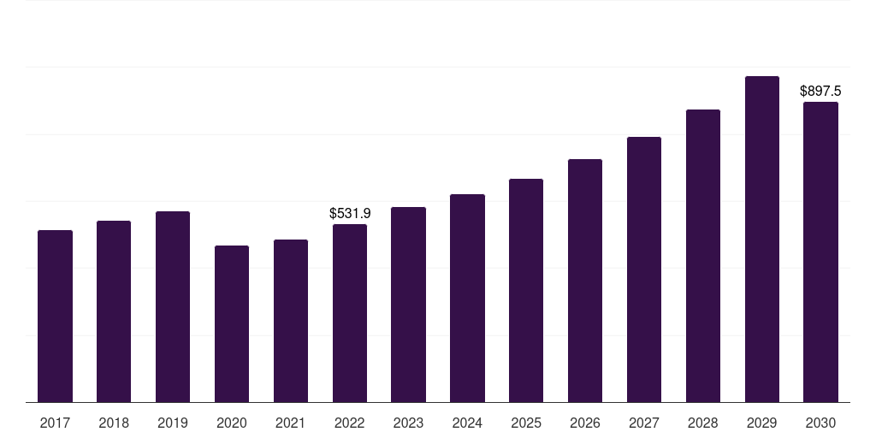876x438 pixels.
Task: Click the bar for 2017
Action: (x=55, y=317)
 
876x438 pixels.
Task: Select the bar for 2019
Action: (x=173, y=307)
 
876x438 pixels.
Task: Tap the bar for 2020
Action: (x=232, y=324)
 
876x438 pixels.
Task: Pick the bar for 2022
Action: (x=350, y=313)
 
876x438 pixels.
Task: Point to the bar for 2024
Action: (x=468, y=299)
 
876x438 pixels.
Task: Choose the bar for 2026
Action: (x=585, y=281)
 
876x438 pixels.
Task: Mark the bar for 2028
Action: (x=703, y=256)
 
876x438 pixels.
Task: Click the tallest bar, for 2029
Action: (x=762, y=240)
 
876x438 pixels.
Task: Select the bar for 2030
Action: (x=820, y=252)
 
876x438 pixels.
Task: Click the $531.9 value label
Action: (x=350, y=213)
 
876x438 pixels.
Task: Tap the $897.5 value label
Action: (x=820, y=91)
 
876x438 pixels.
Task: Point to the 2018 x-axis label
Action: (x=114, y=423)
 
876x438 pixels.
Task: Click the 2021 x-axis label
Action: (x=291, y=423)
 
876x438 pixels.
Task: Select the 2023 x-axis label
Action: (x=408, y=423)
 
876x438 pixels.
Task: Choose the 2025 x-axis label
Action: (x=526, y=423)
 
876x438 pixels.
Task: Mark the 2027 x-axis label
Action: (x=644, y=423)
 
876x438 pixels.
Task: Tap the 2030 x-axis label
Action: (x=820, y=423)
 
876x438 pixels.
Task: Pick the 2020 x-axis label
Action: (x=232, y=423)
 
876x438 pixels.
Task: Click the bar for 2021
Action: (x=291, y=322)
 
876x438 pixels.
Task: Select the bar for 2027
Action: (x=644, y=269)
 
